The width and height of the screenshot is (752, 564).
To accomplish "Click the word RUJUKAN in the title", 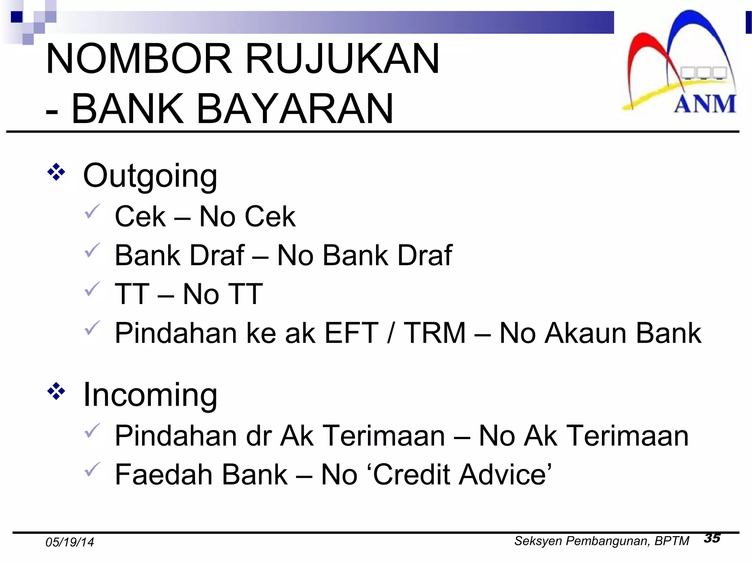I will click(342, 59).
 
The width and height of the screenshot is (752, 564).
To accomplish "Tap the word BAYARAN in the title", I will click(295, 109).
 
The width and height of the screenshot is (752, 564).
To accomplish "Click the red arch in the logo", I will click(646, 51).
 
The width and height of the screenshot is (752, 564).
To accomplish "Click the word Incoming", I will click(150, 395).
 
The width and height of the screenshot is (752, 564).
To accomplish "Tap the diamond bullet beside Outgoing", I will click(56, 172).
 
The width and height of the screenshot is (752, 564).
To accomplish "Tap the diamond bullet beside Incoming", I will click(56, 391).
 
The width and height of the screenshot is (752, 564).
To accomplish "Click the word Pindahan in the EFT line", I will click(176, 333).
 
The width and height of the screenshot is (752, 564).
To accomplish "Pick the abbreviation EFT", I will click(351, 333).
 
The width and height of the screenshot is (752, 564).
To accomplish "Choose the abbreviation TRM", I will click(435, 333).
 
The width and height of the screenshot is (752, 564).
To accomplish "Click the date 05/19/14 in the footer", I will click(70, 542).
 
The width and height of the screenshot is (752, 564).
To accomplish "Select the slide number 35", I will click(712, 538).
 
